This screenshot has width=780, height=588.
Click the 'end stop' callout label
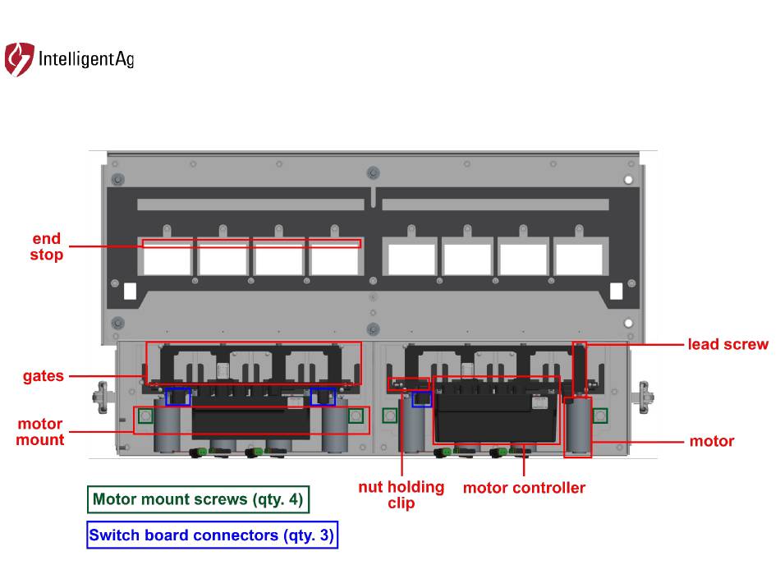pos(48,247)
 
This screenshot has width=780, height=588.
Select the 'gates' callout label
pos(44,376)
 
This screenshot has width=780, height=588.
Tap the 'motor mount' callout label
pos(40,432)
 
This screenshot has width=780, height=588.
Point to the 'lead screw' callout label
pos(727,345)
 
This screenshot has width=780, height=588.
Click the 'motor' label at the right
pos(712,442)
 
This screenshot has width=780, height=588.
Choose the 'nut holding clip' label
pos(401,494)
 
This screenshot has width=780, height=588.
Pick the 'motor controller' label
pos(524,488)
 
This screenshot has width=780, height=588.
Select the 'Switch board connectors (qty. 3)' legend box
pos(212,535)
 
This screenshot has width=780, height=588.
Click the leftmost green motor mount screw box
pos(146,416)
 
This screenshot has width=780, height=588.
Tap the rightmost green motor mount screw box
pos(599,416)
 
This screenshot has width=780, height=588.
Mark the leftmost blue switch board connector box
pos(178,397)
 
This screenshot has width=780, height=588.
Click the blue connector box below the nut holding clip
pos(421,399)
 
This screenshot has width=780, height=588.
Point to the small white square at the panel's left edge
pos(130,292)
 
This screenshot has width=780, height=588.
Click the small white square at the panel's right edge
pos(617,292)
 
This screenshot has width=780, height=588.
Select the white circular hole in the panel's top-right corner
pos(628,180)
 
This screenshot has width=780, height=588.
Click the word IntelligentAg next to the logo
pos(86,60)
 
